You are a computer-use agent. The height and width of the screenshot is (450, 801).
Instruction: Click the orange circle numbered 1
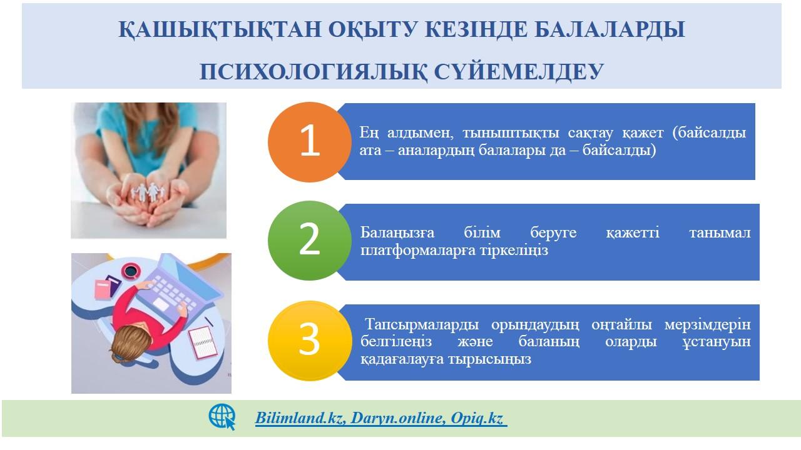coord(310,142)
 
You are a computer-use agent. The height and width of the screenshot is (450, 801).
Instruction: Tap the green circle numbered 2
coord(310,241)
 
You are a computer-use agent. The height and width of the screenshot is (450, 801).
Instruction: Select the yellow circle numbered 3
coord(310,341)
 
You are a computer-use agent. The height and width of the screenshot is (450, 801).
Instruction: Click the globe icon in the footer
coord(222,417)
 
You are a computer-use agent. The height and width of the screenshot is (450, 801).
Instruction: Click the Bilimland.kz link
coord(300,418)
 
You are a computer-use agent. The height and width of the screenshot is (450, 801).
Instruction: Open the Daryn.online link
coord(398,418)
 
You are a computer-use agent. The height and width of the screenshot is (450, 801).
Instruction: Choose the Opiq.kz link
coord(477,419)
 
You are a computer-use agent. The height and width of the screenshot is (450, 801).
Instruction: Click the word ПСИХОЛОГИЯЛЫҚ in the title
coord(314,72)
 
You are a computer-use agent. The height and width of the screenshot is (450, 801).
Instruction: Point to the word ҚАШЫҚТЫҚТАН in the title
coord(220,29)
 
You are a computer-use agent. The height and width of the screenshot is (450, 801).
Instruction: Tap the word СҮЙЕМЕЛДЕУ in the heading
coord(519,71)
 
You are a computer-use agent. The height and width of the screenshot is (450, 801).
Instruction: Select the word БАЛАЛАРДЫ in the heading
coord(610,29)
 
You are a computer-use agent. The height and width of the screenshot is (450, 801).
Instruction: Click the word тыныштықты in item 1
coord(511,133)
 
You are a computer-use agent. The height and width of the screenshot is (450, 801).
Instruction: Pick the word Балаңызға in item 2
coord(397,233)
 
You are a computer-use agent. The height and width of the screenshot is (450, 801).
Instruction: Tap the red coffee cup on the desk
coord(130,271)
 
